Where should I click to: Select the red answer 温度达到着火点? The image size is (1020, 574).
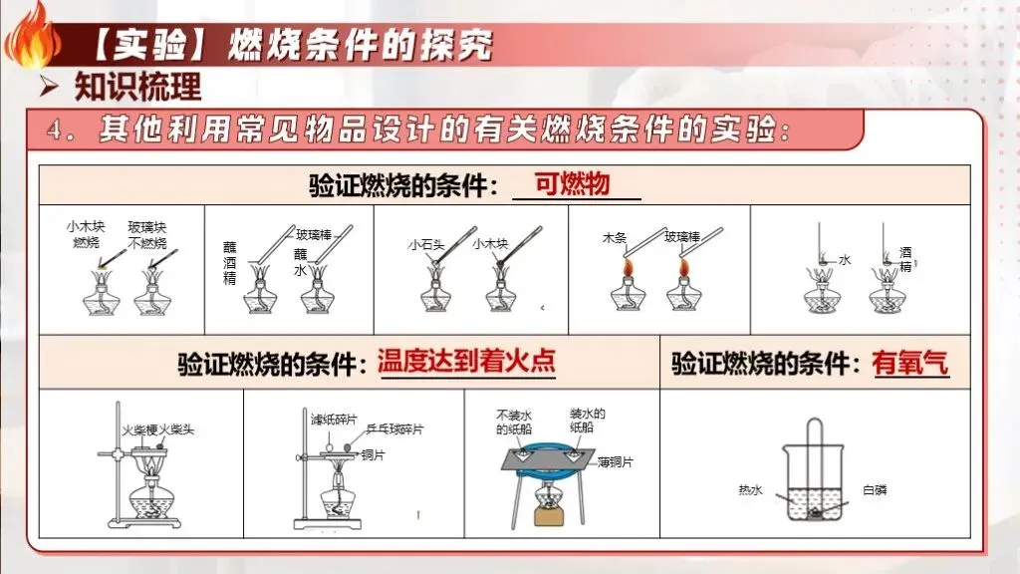point(466,360)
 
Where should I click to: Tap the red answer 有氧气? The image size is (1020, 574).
point(909,363)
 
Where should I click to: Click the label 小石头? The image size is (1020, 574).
point(425,242)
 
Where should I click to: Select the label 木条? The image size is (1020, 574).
point(613,237)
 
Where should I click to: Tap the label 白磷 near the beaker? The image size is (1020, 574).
point(874,489)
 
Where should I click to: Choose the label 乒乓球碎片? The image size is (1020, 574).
point(395,429)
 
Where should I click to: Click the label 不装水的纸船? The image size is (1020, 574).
point(515,423)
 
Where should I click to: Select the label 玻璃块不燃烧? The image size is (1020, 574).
point(146,235)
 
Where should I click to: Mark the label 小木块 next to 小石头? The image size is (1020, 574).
point(490,242)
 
